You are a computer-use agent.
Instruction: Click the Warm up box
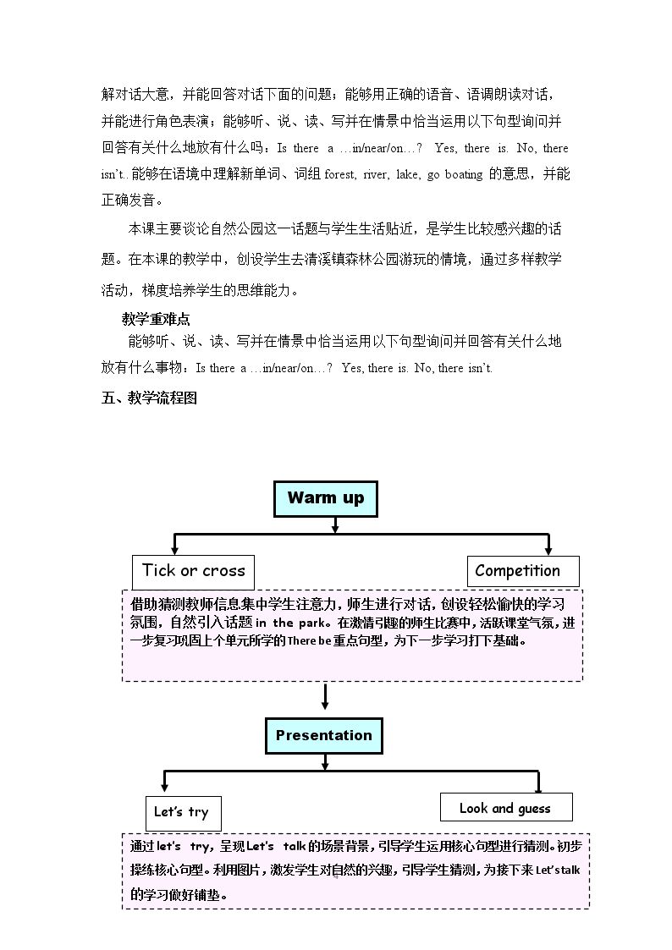click(x=325, y=498)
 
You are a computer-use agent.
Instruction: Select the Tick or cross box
click(x=193, y=572)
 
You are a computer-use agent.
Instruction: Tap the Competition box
click(x=523, y=571)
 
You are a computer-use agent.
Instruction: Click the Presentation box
click(x=324, y=735)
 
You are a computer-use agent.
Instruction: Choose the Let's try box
click(x=183, y=813)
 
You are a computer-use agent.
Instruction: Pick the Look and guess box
click(x=506, y=807)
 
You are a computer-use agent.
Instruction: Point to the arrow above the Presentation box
click(x=325, y=697)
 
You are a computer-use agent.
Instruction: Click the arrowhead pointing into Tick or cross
click(x=174, y=550)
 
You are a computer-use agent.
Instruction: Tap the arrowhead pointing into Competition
click(x=548, y=550)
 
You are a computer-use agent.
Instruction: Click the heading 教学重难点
click(x=156, y=319)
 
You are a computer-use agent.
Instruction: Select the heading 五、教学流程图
click(x=149, y=398)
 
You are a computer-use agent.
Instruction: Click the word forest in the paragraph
click(x=340, y=174)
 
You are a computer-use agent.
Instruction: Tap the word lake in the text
click(x=407, y=174)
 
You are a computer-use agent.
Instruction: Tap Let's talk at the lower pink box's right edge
click(x=558, y=870)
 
